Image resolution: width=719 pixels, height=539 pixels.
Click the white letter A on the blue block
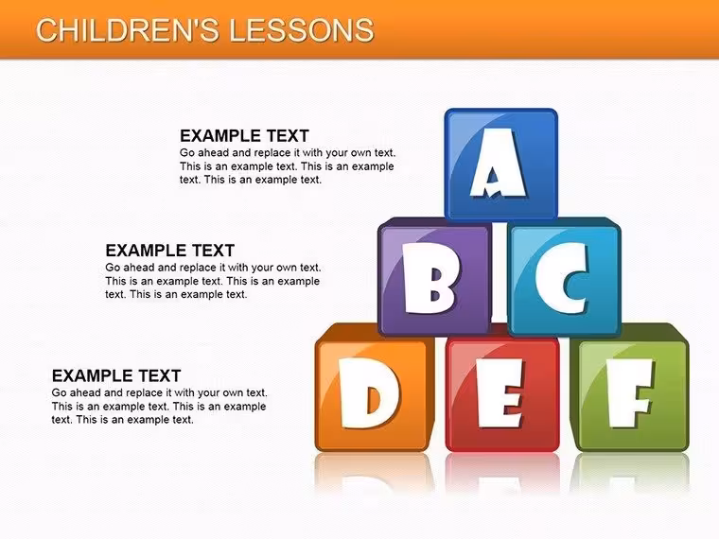(x=498, y=163)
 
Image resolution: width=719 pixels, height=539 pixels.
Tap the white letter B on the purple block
(x=430, y=278)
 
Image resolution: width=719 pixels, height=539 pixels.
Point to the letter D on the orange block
(x=368, y=393)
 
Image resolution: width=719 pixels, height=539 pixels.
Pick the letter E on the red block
(x=499, y=392)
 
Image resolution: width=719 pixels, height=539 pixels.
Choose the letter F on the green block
(x=629, y=392)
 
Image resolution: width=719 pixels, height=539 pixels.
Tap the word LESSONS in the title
(x=301, y=30)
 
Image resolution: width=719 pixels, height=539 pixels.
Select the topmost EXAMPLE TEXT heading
(x=244, y=136)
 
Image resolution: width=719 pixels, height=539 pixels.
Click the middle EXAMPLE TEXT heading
(x=170, y=251)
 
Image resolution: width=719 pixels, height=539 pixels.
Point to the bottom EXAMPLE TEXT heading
(x=116, y=375)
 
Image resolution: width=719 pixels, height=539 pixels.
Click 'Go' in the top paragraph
(x=187, y=153)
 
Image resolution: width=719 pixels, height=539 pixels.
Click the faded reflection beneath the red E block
(x=502, y=472)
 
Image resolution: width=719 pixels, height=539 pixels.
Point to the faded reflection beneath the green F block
(x=630, y=472)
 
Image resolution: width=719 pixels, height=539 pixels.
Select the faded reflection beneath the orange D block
(x=373, y=472)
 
